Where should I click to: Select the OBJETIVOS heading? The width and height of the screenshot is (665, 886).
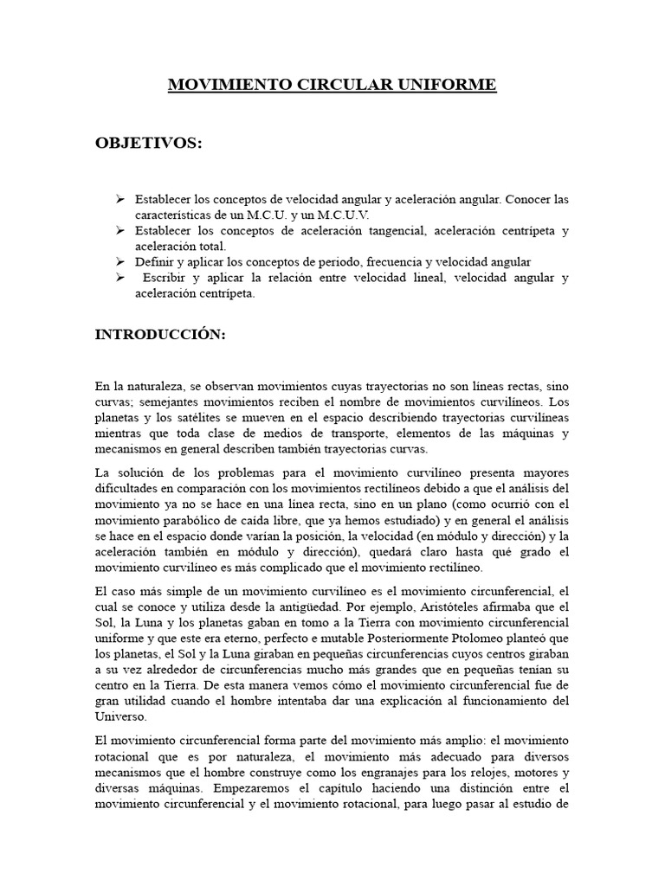coord(148,143)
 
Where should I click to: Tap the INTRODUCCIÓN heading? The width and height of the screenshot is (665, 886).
coord(160,336)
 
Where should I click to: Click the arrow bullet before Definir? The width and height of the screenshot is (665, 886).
coord(120,261)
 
